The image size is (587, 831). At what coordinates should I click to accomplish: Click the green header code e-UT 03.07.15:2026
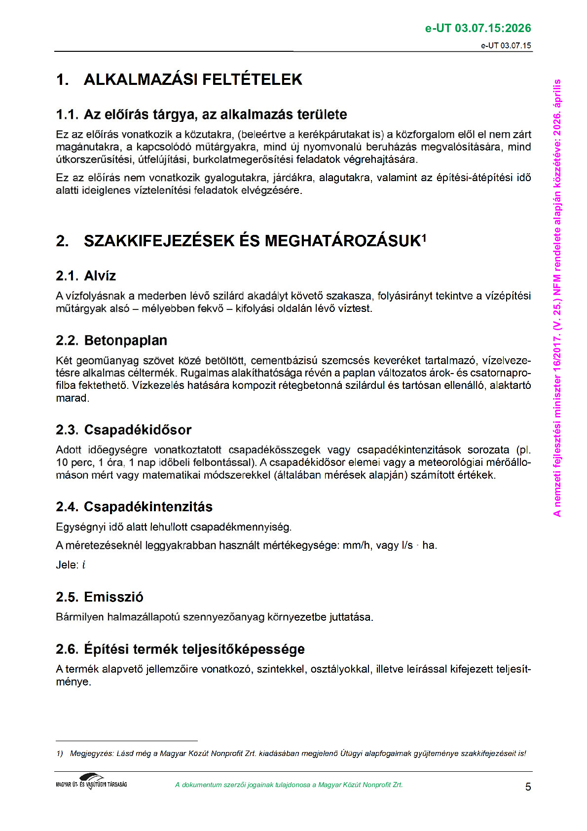click(x=478, y=28)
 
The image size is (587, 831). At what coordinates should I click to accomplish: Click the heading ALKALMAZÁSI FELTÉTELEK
click(x=192, y=79)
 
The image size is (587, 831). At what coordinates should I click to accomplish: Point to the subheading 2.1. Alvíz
click(x=86, y=276)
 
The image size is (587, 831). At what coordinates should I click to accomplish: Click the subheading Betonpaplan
click(x=125, y=340)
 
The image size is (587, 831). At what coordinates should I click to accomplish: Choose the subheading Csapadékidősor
click(x=138, y=430)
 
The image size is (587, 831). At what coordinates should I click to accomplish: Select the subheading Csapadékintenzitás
click(x=148, y=507)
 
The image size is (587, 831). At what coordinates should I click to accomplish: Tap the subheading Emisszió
click(x=113, y=597)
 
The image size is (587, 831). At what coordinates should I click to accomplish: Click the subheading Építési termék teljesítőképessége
click(x=194, y=649)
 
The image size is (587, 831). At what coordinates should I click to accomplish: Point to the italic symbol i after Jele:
click(x=84, y=565)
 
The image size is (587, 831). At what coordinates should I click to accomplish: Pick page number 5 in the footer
click(x=528, y=787)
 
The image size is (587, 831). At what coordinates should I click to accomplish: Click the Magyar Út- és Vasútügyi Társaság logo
click(x=92, y=782)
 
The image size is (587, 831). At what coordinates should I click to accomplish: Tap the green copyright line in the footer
click(x=289, y=785)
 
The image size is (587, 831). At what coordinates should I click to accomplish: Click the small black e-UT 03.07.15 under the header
click(x=506, y=45)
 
